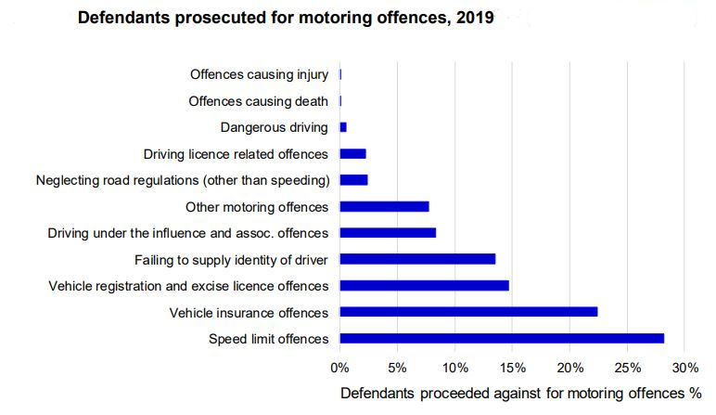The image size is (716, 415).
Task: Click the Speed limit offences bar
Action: tap(502, 338)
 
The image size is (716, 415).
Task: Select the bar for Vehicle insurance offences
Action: tap(468, 312)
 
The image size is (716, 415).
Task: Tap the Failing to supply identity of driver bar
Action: tap(417, 259)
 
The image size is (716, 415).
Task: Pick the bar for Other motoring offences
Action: tap(384, 206)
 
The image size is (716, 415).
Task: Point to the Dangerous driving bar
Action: tap(343, 127)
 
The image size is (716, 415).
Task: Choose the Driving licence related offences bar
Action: tap(352, 153)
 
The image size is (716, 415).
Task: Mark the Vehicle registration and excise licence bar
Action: tap(424, 285)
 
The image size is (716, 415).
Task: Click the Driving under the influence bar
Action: tap(388, 232)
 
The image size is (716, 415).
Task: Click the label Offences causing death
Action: tap(258, 101)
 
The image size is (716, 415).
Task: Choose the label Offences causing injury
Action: tap(259, 74)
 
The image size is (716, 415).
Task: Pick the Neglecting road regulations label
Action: tap(182, 180)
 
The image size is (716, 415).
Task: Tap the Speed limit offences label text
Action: tap(268, 338)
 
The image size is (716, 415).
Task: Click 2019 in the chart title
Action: tap(475, 18)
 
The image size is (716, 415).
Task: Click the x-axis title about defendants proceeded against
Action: tap(518, 394)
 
